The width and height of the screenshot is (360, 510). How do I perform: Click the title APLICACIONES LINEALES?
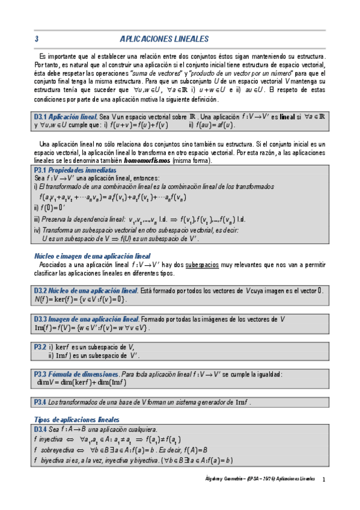pos(164,39)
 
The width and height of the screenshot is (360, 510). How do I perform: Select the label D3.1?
pos(40,117)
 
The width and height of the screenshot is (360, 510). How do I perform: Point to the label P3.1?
pos(40,170)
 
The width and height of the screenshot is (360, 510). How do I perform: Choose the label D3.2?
pos(40,290)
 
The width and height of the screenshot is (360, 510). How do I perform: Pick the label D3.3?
pos(40,319)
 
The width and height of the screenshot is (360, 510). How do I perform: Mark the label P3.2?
pos(40,347)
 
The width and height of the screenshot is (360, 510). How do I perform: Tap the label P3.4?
pos(40,402)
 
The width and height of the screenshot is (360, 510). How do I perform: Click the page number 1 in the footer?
pos(323,479)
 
